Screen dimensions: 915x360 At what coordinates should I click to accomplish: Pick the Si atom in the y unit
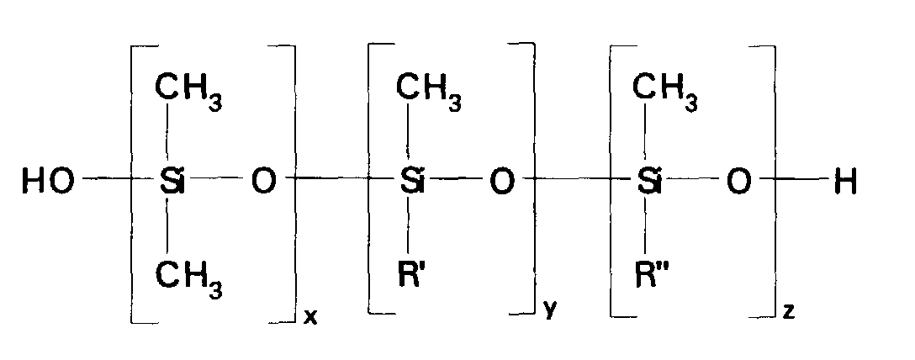(x=410, y=181)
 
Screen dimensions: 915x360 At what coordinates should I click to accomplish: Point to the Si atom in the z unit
(x=648, y=181)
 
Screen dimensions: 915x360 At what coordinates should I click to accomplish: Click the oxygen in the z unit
(x=738, y=181)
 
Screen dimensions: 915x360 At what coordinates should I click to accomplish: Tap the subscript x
(x=309, y=319)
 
